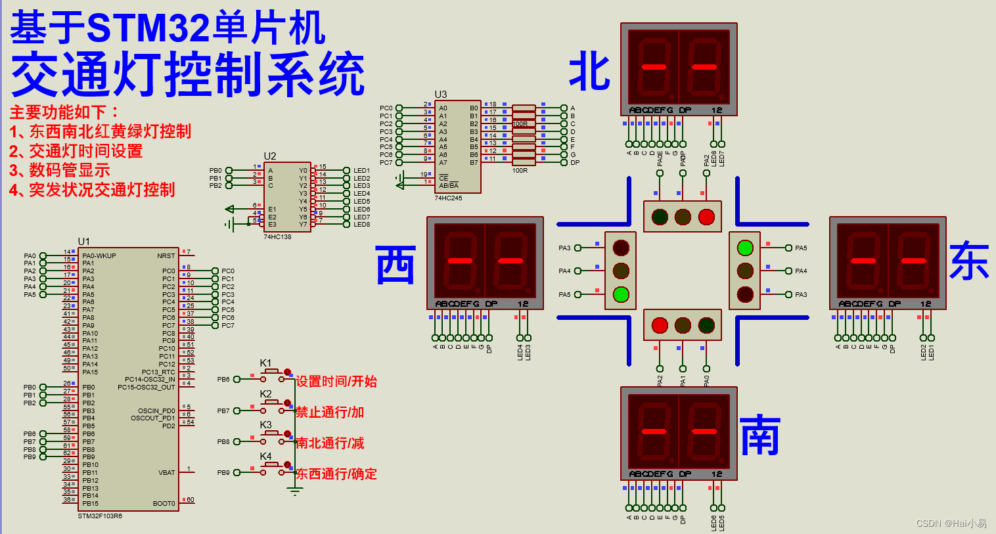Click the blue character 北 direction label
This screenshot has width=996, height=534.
589,72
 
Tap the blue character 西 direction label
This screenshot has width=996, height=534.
396,265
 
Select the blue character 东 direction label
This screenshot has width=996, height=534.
969,261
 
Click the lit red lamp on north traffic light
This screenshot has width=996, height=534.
706,217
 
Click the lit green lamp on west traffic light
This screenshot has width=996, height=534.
621,294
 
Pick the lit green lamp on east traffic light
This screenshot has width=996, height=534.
745,248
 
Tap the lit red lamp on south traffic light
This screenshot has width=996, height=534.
660,325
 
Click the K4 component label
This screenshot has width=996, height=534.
265,456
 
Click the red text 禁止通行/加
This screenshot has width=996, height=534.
330,412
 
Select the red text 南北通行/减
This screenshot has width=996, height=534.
330,443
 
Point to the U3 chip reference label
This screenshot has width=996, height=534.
440,95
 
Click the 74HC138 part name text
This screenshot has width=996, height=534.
277,237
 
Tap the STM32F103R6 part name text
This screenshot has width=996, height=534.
100,516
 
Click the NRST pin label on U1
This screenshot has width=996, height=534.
166,256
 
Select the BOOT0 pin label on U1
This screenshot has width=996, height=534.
164,504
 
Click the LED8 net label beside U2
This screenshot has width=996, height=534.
361,225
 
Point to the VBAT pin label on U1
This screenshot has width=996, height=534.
166,473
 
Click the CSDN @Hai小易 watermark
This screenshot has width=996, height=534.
951,523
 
